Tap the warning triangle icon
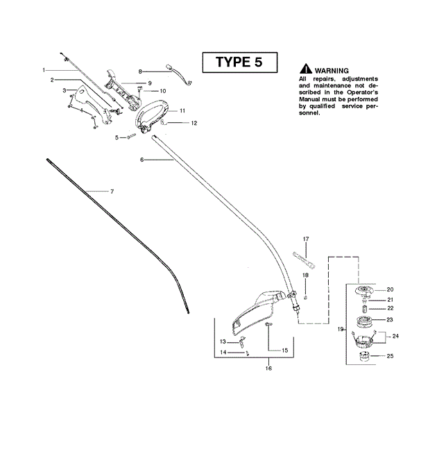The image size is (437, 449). point(305,70)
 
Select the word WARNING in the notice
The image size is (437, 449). point(331,71)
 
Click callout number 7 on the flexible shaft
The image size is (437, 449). point(112,191)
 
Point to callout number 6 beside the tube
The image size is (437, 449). point(142,160)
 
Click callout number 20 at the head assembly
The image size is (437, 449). point(389,289)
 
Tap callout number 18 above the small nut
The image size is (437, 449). point(305,276)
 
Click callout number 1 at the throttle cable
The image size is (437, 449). point(44,70)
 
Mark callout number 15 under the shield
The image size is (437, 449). point(285,350)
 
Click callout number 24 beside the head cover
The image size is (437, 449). point(396,336)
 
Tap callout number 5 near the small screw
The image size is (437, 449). point(117,137)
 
